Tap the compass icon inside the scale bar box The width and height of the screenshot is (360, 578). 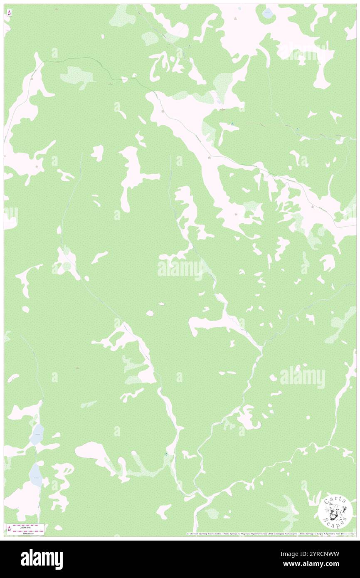click(x=9, y=528)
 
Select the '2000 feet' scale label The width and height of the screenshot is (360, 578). click(x=28, y=527)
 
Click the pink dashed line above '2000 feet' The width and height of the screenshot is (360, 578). click(x=28, y=524)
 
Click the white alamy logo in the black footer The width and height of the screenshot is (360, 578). click(x=42, y=559)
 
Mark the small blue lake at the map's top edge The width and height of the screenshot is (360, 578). click(x=267, y=13)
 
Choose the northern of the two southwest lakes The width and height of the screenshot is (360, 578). click(x=37, y=434)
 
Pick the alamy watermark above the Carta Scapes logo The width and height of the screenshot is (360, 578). click(x=302, y=377)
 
